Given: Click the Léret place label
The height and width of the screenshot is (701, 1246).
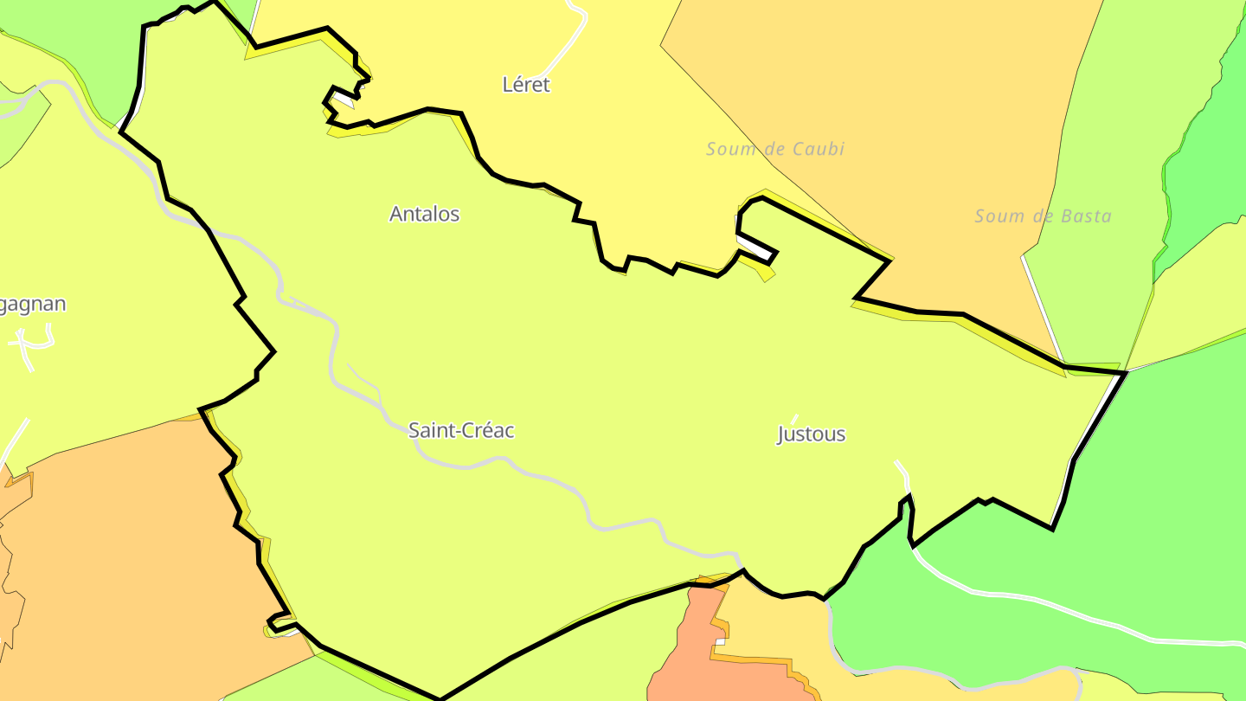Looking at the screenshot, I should click(526, 85).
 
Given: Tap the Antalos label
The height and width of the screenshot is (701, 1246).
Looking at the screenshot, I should click(424, 214).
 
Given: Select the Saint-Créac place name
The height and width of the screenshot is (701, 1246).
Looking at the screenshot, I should click(461, 430).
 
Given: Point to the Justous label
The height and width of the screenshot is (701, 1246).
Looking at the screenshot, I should click(811, 434).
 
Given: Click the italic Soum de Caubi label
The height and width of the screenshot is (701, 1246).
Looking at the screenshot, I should click(775, 149).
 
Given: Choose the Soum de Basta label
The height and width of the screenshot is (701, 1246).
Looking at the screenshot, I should click(1043, 216).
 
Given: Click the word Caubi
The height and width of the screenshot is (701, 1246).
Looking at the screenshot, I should click(818, 149).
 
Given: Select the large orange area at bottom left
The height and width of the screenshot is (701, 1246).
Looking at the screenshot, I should click(130, 554).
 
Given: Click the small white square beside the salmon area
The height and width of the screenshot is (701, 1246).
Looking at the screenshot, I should click(719, 641).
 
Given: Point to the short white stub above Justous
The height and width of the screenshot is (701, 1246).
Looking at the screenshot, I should click(794, 419).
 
